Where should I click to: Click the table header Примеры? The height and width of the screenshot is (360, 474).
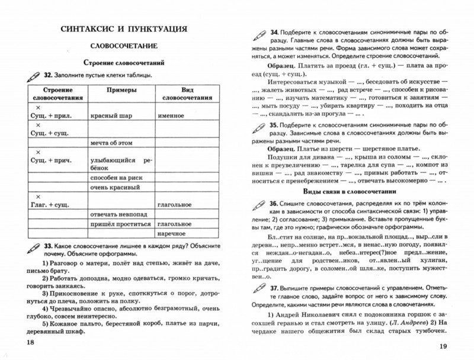coord(121,88)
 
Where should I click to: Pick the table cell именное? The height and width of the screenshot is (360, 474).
coord(172,117)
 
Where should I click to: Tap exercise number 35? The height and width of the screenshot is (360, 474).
coord(274,126)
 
